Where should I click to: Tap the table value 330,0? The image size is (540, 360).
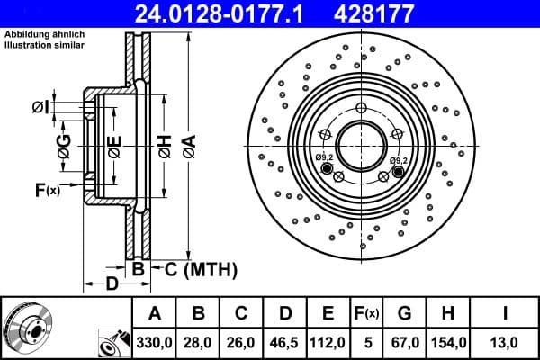[x=154, y=342]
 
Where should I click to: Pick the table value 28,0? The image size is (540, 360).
[x=199, y=342]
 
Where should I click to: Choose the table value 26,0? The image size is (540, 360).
[x=242, y=342]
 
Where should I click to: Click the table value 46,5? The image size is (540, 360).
[x=285, y=342]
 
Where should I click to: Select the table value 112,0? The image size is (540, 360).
[x=328, y=342]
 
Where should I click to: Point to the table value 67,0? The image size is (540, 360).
[x=404, y=342]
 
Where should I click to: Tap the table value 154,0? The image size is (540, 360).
[x=448, y=342]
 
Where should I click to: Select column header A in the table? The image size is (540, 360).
[x=154, y=313]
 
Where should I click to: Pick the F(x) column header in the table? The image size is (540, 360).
[x=367, y=313]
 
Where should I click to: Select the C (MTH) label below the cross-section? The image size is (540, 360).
[x=201, y=268]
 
